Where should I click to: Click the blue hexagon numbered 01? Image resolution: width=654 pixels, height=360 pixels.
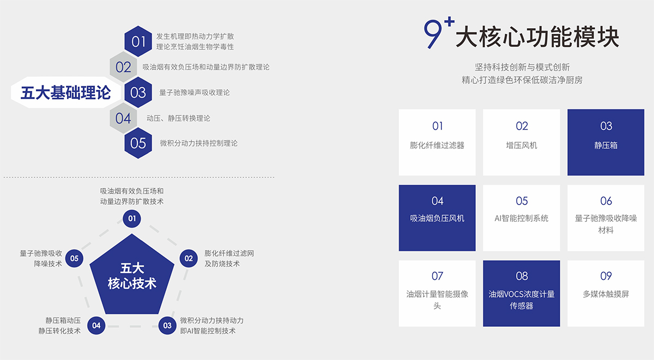click(138, 41)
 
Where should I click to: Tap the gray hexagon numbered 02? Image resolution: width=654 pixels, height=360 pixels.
click(123, 67)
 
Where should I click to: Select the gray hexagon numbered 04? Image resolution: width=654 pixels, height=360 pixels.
click(123, 118)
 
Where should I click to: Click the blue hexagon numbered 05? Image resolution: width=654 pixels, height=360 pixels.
click(138, 143)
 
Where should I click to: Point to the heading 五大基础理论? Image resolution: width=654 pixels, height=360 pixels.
click(66, 93)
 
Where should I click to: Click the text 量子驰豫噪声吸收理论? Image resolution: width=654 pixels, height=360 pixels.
click(195, 93)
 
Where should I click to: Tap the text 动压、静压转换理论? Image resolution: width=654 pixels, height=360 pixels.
click(178, 118)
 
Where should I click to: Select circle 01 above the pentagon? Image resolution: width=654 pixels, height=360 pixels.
click(132, 218)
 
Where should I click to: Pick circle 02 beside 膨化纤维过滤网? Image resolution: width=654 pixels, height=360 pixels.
click(189, 259)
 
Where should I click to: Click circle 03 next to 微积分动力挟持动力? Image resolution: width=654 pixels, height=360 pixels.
click(167, 326)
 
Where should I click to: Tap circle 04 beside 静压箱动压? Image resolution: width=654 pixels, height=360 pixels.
click(96, 326)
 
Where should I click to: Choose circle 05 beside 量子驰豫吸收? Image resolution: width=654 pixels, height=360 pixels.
click(74, 259)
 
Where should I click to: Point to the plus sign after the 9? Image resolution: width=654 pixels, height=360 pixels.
click(449, 22)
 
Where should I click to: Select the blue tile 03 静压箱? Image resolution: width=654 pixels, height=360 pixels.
click(606, 142)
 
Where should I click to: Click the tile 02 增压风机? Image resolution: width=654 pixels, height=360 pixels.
click(522, 142)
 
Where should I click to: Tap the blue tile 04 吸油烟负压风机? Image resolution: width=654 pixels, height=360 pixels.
click(437, 218)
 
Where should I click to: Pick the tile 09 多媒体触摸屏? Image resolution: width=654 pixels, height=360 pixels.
click(606, 294)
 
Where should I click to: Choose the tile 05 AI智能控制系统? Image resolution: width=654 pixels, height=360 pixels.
click(522, 218)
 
